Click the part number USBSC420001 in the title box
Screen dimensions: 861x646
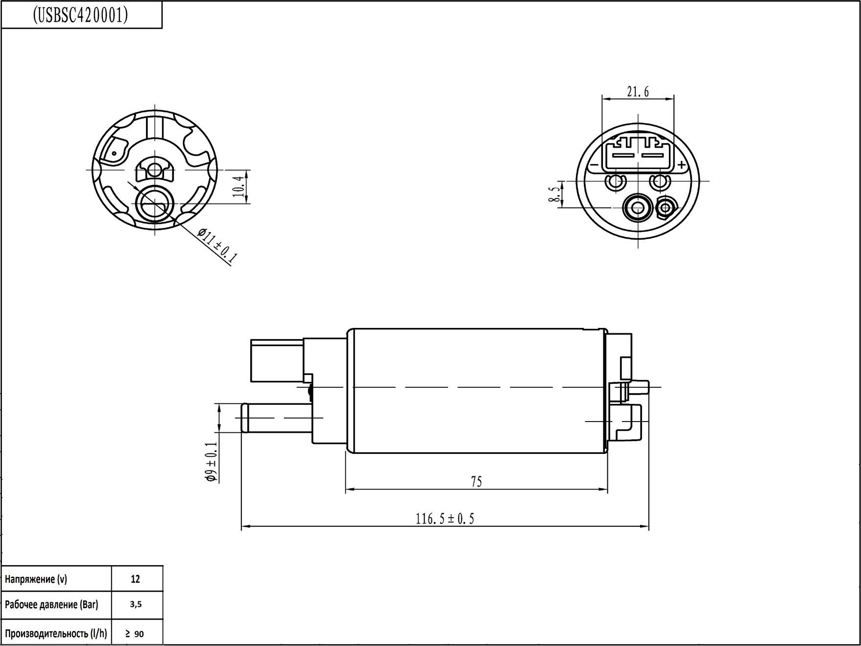pyautogui.click(x=81, y=16)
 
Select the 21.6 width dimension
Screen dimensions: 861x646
pyautogui.click(x=638, y=92)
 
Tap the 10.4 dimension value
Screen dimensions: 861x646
pyautogui.click(x=239, y=187)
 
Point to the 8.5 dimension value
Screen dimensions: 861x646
pyautogui.click(x=554, y=195)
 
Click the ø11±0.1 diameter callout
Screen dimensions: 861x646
pyautogui.click(x=217, y=246)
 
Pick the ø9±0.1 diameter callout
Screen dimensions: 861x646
pyautogui.click(x=211, y=462)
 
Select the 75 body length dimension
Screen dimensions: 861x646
pyautogui.click(x=476, y=482)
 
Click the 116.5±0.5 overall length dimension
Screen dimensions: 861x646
pyautogui.click(x=445, y=519)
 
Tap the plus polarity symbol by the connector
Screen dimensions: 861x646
pyautogui.click(x=681, y=165)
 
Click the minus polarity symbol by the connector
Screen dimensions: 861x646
pyautogui.click(x=594, y=166)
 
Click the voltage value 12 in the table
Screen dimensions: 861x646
pyautogui.click(x=136, y=579)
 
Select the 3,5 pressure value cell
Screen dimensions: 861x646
pyautogui.click(x=136, y=604)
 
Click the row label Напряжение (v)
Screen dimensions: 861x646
pyautogui.click(x=36, y=579)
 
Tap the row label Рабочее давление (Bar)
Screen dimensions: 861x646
pyautogui.click(x=51, y=605)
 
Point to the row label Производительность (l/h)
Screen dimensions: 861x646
pyautogui.click(x=56, y=634)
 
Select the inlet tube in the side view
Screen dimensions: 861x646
pyautogui.click(x=277, y=418)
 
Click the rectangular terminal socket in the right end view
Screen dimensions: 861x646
pyautogui.click(x=638, y=153)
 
